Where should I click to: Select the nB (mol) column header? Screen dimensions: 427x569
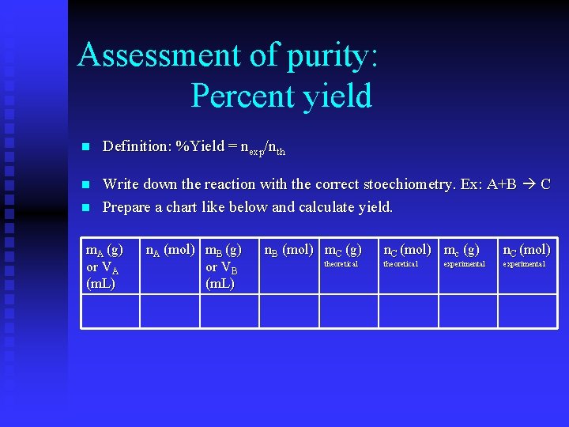(288, 250)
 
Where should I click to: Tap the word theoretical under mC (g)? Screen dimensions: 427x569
(341, 264)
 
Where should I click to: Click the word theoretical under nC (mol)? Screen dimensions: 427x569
(401, 264)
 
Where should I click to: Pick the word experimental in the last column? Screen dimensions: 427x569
(524, 264)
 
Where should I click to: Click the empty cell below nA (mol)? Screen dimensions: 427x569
(170, 311)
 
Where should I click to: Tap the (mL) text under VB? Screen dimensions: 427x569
(220, 283)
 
